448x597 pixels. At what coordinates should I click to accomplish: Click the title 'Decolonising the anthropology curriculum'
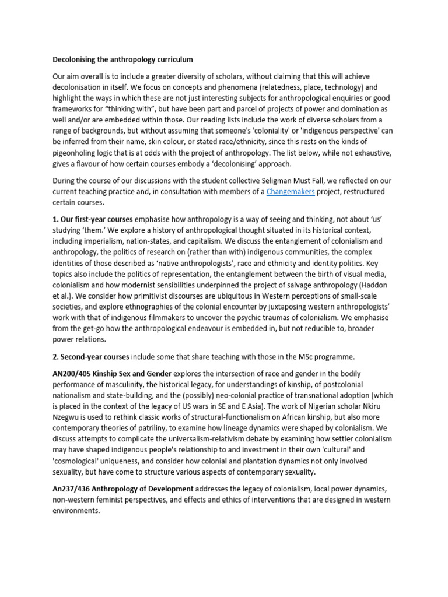pos(123,59)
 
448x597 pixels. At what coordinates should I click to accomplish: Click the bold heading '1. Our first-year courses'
pos(93,219)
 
